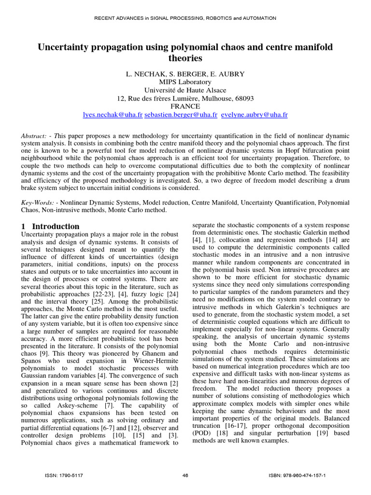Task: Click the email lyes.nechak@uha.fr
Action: (x=113, y=115)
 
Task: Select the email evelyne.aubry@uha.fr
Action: (x=254, y=115)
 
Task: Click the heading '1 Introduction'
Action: (x=51, y=226)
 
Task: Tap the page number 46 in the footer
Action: (x=185, y=476)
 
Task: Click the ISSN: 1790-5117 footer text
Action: (x=64, y=476)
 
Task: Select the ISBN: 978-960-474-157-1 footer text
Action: (x=297, y=476)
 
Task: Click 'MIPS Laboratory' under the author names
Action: (x=185, y=82)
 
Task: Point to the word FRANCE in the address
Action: (x=185, y=106)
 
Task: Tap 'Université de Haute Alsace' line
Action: (x=185, y=90)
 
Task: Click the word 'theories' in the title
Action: (x=185, y=58)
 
